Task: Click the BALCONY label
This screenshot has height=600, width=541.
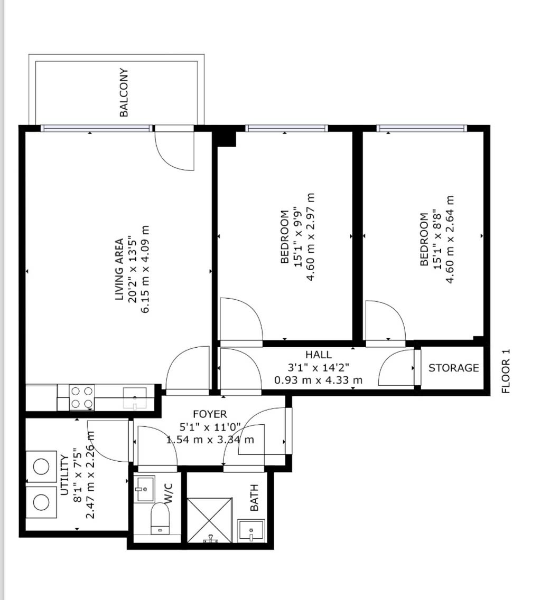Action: pos(124,92)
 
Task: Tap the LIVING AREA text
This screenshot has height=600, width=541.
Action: pos(119,269)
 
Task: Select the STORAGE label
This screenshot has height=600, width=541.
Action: pos(454,368)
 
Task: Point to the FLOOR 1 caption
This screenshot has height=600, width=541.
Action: pos(506,371)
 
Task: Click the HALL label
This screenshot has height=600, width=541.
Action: pos(319,354)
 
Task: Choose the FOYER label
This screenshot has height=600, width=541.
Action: pos(210,414)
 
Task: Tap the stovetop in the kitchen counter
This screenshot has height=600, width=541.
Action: pos(82,397)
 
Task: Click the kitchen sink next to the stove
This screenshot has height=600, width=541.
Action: pos(135,398)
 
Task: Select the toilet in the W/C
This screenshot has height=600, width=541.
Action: pos(160,519)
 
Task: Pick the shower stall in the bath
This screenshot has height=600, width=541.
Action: pos(210,520)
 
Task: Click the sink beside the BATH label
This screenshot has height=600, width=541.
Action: pos(251,530)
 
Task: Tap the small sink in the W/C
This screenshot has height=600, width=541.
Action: pos(145,489)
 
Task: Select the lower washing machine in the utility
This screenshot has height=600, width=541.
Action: pos(41,502)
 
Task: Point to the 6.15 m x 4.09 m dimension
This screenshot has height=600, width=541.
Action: pos(145,269)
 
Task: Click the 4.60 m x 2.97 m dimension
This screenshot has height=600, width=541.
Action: pos(311,237)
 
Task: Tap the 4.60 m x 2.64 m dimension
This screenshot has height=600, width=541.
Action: pos(450,239)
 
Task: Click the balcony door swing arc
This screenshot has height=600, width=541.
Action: pos(174,151)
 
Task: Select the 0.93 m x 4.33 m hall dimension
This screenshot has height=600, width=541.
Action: pos(319,380)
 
